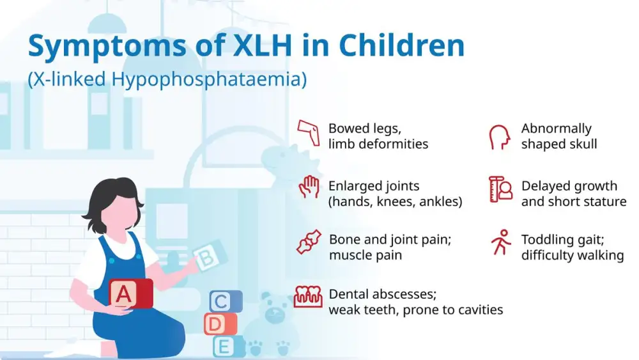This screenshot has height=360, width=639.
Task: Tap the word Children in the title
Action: pos(401,46)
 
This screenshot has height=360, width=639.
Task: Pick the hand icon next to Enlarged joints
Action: pos(309,187)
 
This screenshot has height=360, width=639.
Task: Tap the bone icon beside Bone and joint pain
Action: pos(308,241)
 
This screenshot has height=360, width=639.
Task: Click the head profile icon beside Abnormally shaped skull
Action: pos(500,136)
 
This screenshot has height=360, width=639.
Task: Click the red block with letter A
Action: pos(128,293)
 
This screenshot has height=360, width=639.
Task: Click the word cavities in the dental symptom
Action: pos(479,310)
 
